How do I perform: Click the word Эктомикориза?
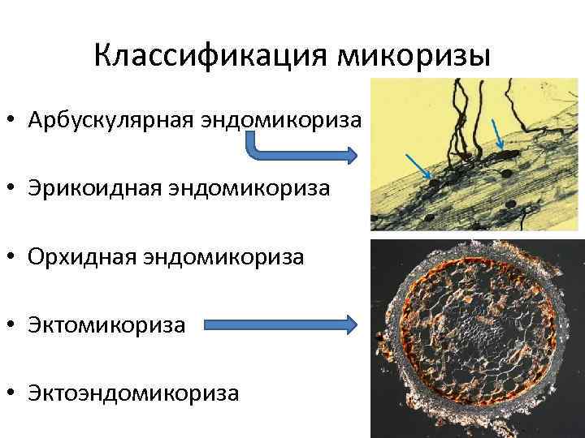(x=106, y=325)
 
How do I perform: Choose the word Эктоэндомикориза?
(x=133, y=393)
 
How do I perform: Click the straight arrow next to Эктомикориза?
(x=280, y=326)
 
